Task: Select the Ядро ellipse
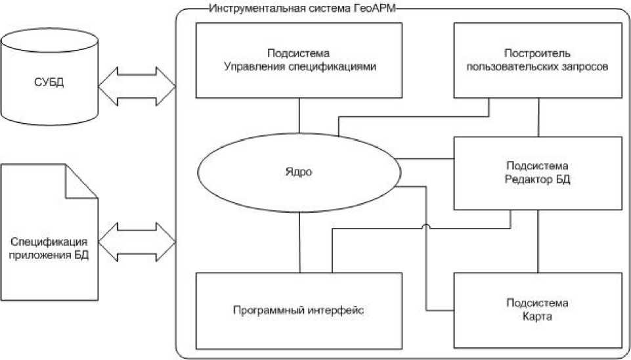click(299, 172)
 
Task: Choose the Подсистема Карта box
click(537, 310)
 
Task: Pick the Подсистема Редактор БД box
click(537, 173)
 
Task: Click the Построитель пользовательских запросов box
click(537, 60)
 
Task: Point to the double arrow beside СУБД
click(137, 85)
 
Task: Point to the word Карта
click(538, 317)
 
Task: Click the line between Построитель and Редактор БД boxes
click(538, 117)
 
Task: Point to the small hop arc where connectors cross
click(425, 227)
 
